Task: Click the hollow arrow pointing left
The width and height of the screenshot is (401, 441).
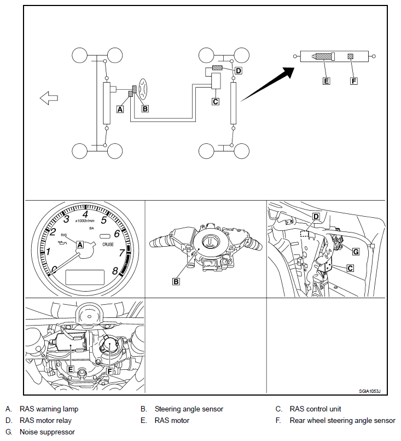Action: tap(49, 98)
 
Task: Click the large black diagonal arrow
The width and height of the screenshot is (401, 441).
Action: tap(267, 84)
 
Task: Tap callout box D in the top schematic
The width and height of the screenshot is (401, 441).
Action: tap(238, 71)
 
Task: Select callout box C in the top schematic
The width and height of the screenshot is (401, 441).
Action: tap(216, 101)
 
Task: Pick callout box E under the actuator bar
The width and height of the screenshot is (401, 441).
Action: tap(326, 81)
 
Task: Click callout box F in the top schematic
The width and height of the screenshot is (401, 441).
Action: tap(354, 81)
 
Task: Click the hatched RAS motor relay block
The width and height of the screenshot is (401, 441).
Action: tap(217, 68)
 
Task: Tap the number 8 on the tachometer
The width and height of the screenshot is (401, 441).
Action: tap(115, 270)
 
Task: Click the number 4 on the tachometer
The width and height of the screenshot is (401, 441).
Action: tap(85, 214)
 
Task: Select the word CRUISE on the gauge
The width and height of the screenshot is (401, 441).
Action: tap(108, 245)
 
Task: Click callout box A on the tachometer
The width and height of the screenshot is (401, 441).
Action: tap(80, 245)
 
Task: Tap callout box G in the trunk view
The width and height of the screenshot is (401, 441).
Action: tap(356, 252)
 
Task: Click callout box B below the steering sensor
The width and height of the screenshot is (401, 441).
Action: tap(176, 282)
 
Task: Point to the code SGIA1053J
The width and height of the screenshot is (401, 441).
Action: tap(369, 391)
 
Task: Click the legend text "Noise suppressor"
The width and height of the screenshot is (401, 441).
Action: tap(47, 432)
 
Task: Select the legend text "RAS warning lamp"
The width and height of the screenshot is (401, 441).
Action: tap(49, 409)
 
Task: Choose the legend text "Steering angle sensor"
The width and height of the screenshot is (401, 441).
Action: tap(189, 409)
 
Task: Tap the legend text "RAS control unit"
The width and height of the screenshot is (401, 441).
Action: tap(315, 409)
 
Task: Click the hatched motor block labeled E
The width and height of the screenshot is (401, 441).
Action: tap(324, 56)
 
